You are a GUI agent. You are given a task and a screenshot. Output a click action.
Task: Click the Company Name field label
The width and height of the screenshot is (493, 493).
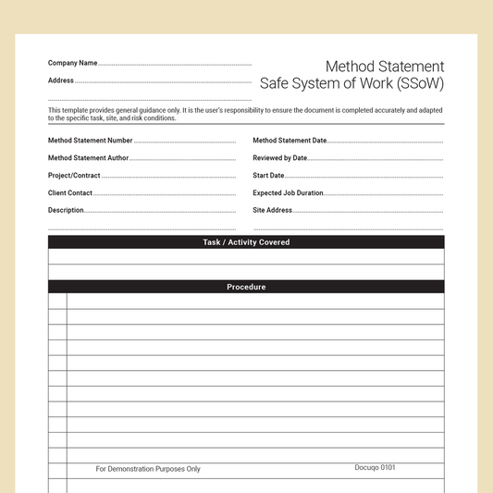pyautogui.click(x=72, y=63)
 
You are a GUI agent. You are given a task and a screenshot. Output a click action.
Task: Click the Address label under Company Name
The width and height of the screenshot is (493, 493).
pyautogui.click(x=61, y=80)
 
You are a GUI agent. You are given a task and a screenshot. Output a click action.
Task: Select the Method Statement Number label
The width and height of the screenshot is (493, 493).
pyautogui.click(x=91, y=141)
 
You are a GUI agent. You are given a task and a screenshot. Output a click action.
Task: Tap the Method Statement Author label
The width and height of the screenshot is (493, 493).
pyautogui.click(x=89, y=158)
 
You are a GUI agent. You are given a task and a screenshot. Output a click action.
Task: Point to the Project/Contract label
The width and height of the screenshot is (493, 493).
pyautogui.click(x=74, y=176)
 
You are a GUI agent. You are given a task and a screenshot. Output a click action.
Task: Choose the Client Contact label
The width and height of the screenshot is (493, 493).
pyautogui.click(x=70, y=193)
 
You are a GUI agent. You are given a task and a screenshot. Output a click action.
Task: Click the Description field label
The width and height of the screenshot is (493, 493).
pyautogui.click(x=66, y=210)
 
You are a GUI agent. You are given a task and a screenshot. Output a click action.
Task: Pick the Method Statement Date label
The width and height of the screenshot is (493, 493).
pyautogui.click(x=290, y=141)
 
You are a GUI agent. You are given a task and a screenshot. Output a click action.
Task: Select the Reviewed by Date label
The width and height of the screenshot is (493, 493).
pyautogui.click(x=279, y=158)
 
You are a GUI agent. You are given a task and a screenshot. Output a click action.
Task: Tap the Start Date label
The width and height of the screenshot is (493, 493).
pyautogui.click(x=268, y=176)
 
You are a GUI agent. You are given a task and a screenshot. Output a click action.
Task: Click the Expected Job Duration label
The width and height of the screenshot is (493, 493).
pyautogui.click(x=288, y=193)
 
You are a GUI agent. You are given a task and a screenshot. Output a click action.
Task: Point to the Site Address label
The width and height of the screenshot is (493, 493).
pyautogui.click(x=272, y=210)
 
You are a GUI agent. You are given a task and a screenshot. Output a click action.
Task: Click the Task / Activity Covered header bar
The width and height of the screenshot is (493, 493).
pyautogui.click(x=246, y=242)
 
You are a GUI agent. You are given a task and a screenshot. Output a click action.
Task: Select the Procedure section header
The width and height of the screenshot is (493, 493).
pyautogui.click(x=246, y=287)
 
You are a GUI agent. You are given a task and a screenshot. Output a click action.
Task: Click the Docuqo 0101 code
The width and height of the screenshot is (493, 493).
pyautogui.click(x=375, y=468)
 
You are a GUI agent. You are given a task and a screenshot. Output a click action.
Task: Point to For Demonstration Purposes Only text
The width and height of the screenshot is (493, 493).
pyautogui.click(x=148, y=469)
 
